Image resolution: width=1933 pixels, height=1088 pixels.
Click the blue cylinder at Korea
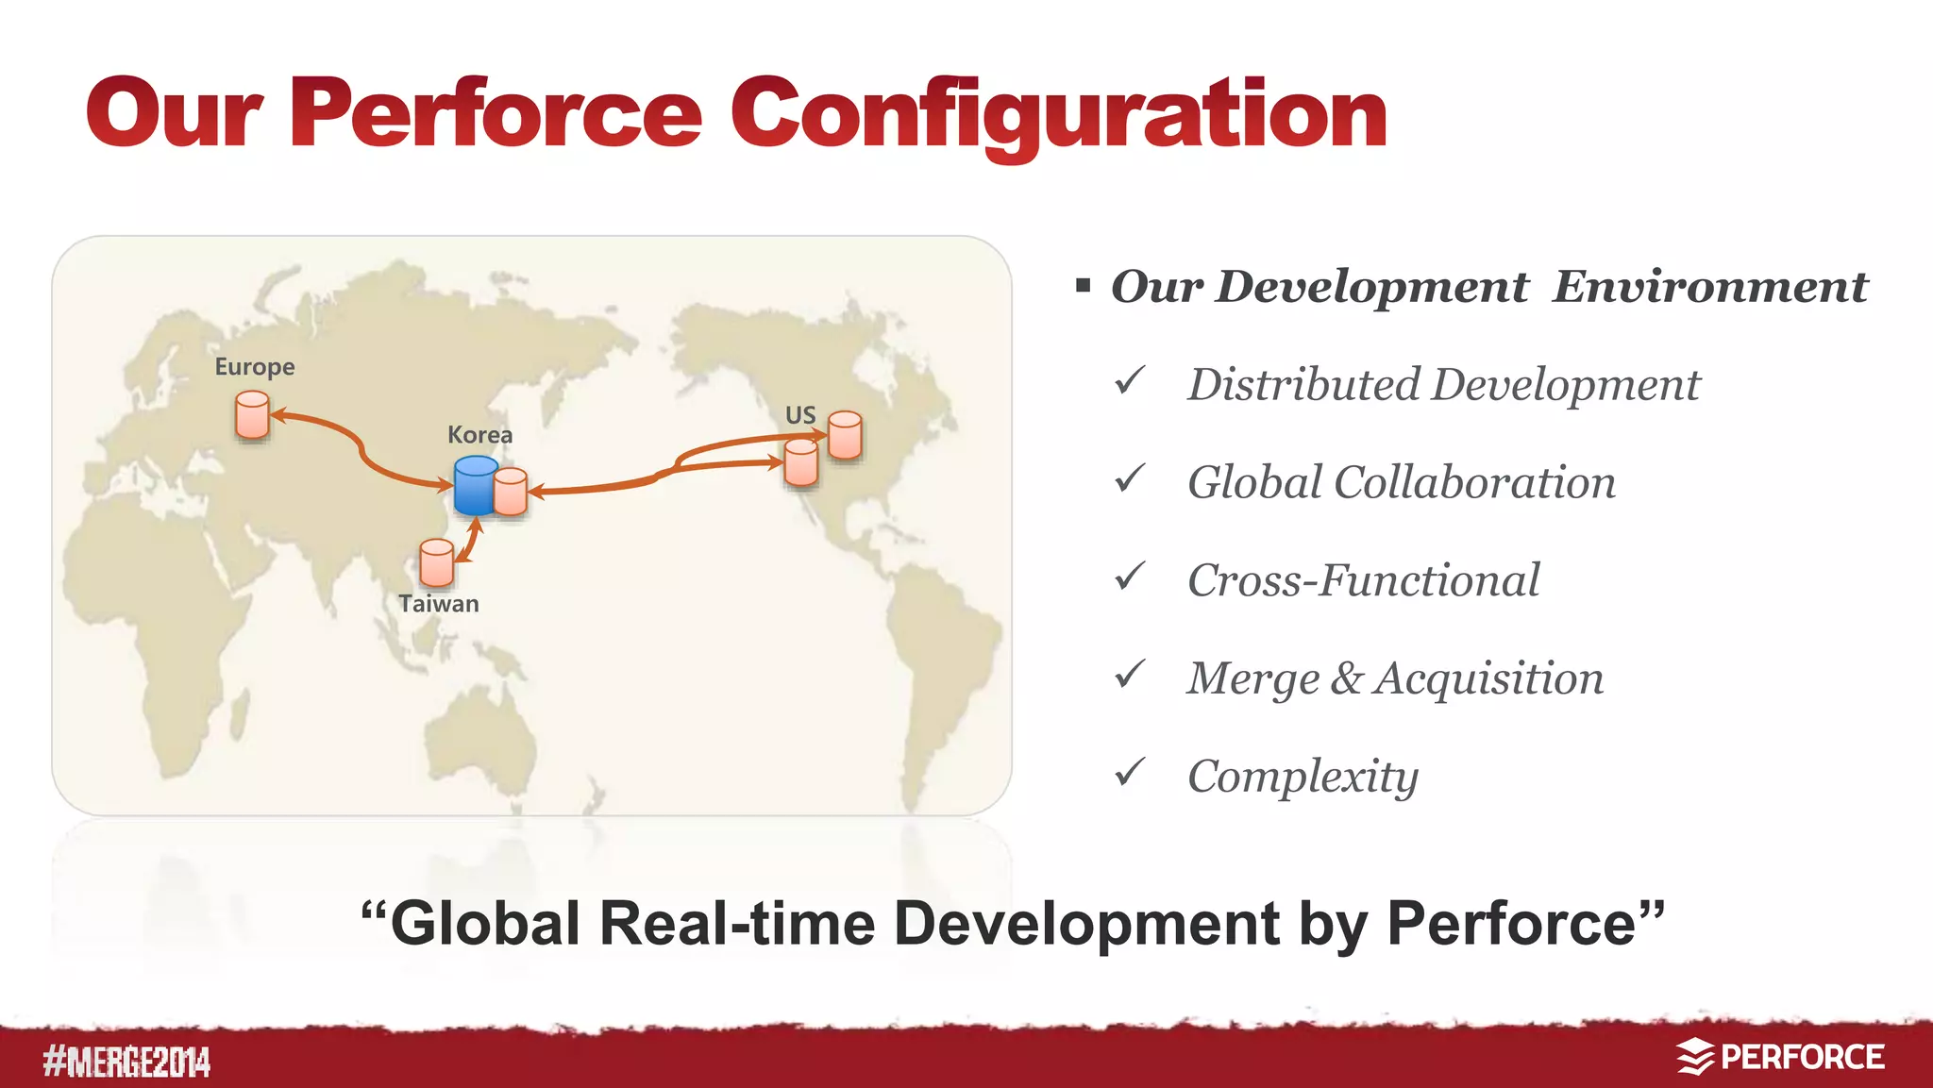tap(475, 485)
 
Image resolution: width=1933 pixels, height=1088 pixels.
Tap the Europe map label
tap(254, 366)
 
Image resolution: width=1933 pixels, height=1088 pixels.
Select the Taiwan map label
tap(438, 604)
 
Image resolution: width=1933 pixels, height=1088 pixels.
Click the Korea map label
tap(479, 435)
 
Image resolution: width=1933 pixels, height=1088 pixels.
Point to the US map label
tap(799, 415)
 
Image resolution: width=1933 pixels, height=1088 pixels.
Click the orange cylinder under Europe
tap(252, 415)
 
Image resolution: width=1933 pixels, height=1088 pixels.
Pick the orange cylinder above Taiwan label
tap(436, 562)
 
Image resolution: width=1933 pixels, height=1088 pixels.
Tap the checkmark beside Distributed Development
tap(1129, 381)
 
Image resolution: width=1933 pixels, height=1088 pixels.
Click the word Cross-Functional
tap(1363, 580)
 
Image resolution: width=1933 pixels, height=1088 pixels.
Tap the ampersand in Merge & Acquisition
tap(1346, 678)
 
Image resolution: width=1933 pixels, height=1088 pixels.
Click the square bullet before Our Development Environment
tap(1083, 285)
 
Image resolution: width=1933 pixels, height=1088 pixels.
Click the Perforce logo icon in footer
tap(1694, 1057)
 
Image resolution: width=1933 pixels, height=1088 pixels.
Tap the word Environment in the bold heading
tap(1709, 286)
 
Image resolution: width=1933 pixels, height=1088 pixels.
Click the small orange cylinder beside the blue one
tap(510, 492)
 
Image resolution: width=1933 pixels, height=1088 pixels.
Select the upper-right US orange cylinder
tap(845, 435)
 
